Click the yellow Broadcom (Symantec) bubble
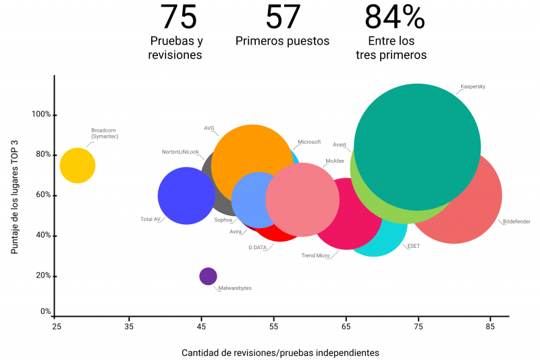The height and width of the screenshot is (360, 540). point(78,165)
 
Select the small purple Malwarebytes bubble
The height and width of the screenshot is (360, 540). point(209,276)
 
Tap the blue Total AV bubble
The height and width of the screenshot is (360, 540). point(186,196)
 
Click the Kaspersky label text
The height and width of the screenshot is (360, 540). point(473,86)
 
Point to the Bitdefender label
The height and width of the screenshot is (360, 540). point(516,222)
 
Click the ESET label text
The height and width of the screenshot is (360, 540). point(413,246)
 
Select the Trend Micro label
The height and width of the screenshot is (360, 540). point(315,255)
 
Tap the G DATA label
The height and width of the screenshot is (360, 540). point(257,247)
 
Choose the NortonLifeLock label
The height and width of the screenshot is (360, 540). point(180,152)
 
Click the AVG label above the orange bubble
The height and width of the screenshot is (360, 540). point(209,128)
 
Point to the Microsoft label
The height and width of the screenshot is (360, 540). point(309,142)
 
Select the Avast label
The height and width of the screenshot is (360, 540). point(340,145)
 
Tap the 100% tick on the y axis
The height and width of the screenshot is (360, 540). point(41,114)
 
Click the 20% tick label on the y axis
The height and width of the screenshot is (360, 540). point(43,276)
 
